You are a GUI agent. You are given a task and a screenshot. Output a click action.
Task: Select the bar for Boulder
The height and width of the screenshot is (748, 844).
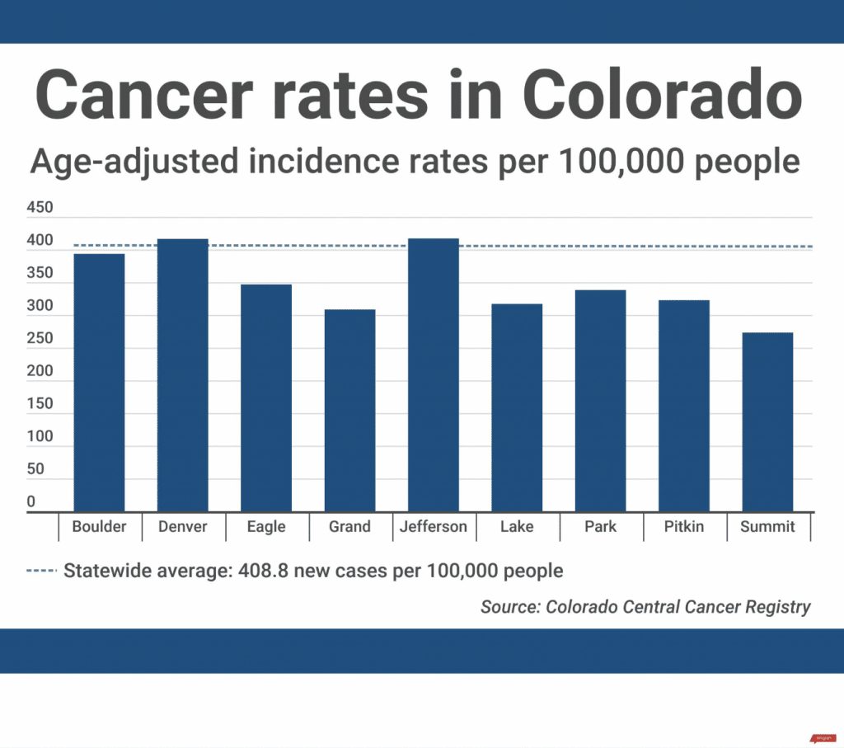99,383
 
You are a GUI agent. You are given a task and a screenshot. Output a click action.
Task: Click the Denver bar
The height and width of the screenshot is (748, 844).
182,375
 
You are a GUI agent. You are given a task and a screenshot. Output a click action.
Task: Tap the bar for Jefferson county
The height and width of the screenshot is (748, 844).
433,375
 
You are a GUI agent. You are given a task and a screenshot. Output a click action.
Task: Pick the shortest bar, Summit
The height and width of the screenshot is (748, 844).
767,422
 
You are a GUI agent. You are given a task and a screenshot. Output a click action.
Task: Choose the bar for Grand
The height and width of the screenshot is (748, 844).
349,411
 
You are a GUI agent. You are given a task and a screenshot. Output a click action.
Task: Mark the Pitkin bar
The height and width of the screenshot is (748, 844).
683,406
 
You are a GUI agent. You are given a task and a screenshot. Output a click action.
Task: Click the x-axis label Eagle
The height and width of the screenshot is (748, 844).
266,527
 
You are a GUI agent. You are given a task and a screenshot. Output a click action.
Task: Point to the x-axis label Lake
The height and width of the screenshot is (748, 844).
517,527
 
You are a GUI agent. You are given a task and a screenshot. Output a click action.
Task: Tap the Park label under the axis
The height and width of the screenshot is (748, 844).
600,527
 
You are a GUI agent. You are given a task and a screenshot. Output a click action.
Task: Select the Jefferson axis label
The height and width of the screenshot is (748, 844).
433,527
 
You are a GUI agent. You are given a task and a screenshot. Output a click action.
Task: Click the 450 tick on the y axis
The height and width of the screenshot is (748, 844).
40,208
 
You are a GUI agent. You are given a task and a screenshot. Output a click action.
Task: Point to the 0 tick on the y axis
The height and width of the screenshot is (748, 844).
31,501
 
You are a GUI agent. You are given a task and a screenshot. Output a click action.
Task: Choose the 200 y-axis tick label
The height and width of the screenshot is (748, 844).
40,371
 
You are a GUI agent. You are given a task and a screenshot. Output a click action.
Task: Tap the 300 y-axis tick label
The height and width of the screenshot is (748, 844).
40,306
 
